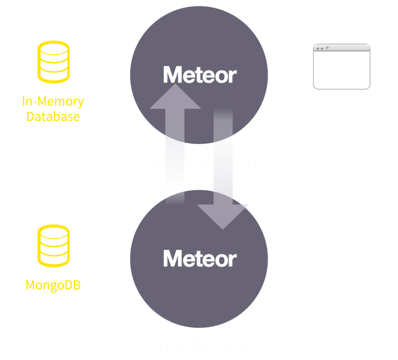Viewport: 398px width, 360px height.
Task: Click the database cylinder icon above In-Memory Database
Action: click(53, 62)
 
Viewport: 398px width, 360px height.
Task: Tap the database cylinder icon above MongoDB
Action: click(53, 246)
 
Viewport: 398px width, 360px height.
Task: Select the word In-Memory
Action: click(53, 102)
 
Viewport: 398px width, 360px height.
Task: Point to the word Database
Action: click(53, 117)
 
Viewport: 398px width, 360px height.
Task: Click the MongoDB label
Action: click(53, 285)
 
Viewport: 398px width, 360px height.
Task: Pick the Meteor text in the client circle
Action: click(199, 75)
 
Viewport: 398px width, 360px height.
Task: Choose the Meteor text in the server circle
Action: click(199, 258)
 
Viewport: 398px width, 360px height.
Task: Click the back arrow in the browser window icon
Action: click(318, 48)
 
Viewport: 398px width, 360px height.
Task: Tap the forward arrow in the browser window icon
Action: click(322, 48)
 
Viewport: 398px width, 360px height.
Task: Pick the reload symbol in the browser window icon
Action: click(327, 48)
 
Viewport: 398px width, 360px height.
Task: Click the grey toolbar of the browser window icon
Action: click(348, 48)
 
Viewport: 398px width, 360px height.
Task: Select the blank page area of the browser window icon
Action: click(342, 70)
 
